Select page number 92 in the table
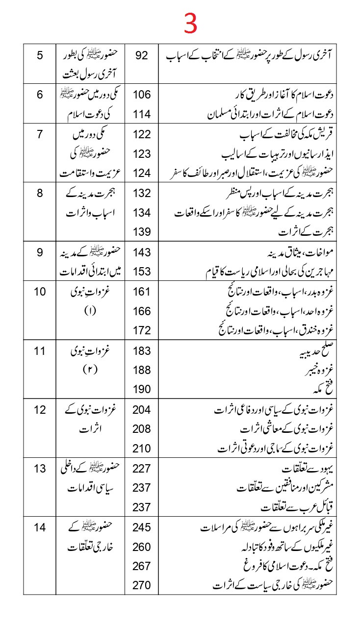(141, 55)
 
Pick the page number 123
(141, 154)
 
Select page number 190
(141, 390)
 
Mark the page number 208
(141, 429)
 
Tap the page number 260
(141, 547)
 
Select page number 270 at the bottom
(141, 585)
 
